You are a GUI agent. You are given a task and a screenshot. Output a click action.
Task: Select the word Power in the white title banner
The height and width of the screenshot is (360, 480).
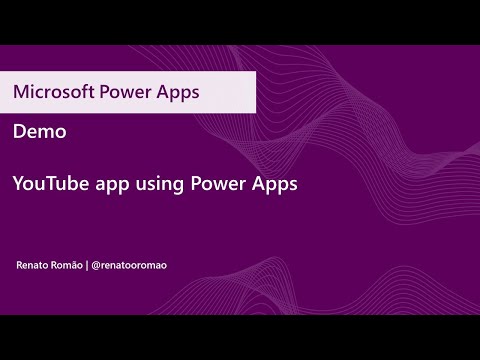123,91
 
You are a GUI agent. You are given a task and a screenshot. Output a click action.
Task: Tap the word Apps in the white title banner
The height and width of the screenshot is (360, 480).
177,91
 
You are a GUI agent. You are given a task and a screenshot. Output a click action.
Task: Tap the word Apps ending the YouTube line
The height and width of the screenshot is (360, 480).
275,185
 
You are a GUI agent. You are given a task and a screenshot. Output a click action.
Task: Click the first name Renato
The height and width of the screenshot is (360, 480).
33,265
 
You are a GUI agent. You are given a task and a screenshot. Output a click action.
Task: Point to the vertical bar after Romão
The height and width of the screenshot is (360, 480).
88,265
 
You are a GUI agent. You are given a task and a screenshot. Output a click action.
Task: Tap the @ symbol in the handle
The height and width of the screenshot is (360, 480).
96,265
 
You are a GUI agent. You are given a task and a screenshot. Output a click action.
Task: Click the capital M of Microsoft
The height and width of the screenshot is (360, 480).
20,91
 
